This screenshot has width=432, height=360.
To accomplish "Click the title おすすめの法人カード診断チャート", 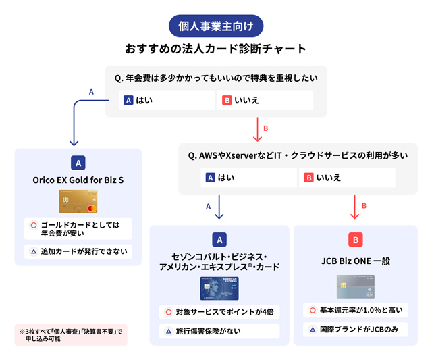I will (x=215, y=49).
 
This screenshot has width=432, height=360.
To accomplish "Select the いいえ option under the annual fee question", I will (x=265, y=100).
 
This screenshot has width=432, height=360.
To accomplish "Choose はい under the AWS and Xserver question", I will (x=249, y=178).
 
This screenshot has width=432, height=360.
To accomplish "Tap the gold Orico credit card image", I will (x=78, y=200).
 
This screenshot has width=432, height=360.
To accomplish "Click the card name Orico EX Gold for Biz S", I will (x=78, y=180).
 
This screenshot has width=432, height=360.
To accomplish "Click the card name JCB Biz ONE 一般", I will (x=356, y=260).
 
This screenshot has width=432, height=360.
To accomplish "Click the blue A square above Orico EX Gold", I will (x=78, y=162).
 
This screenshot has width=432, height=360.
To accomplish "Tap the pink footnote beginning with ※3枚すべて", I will (x=71, y=335).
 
